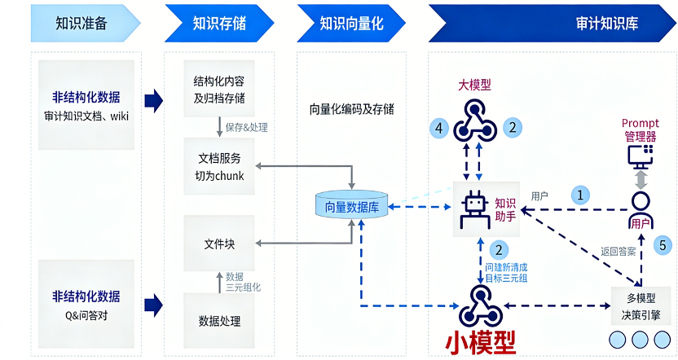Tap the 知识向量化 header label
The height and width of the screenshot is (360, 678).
(x=351, y=23)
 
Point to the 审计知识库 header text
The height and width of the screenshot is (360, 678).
(x=607, y=23)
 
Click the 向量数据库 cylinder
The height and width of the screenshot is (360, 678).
(x=352, y=207)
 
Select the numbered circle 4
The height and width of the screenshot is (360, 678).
(x=440, y=127)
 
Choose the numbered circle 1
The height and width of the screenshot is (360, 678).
(x=580, y=195)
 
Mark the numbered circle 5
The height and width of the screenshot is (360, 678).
(x=663, y=244)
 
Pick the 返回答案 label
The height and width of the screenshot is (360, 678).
(x=619, y=251)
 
